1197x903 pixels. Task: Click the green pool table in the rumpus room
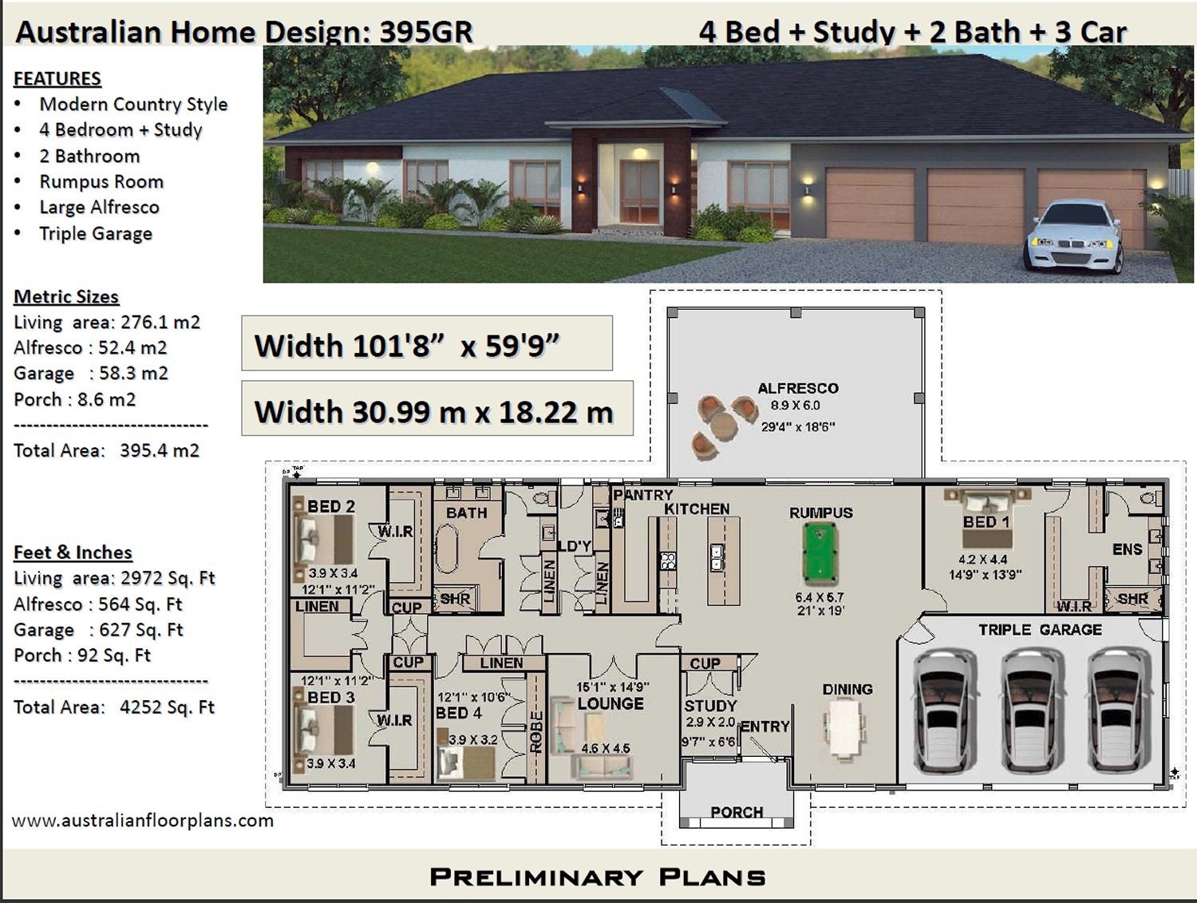(820, 552)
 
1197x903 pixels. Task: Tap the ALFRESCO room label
(797, 389)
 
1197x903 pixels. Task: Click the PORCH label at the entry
(737, 812)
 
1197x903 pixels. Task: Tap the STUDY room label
(710, 706)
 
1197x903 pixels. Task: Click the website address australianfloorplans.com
(143, 821)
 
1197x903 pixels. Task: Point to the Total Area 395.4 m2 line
(106, 450)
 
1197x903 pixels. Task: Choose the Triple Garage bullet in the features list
(96, 234)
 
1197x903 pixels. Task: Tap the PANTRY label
(643, 495)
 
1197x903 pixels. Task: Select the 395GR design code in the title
(426, 32)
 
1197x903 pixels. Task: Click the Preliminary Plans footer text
(598, 877)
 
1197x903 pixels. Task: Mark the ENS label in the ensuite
(1127, 549)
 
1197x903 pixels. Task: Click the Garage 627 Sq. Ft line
(98, 630)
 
